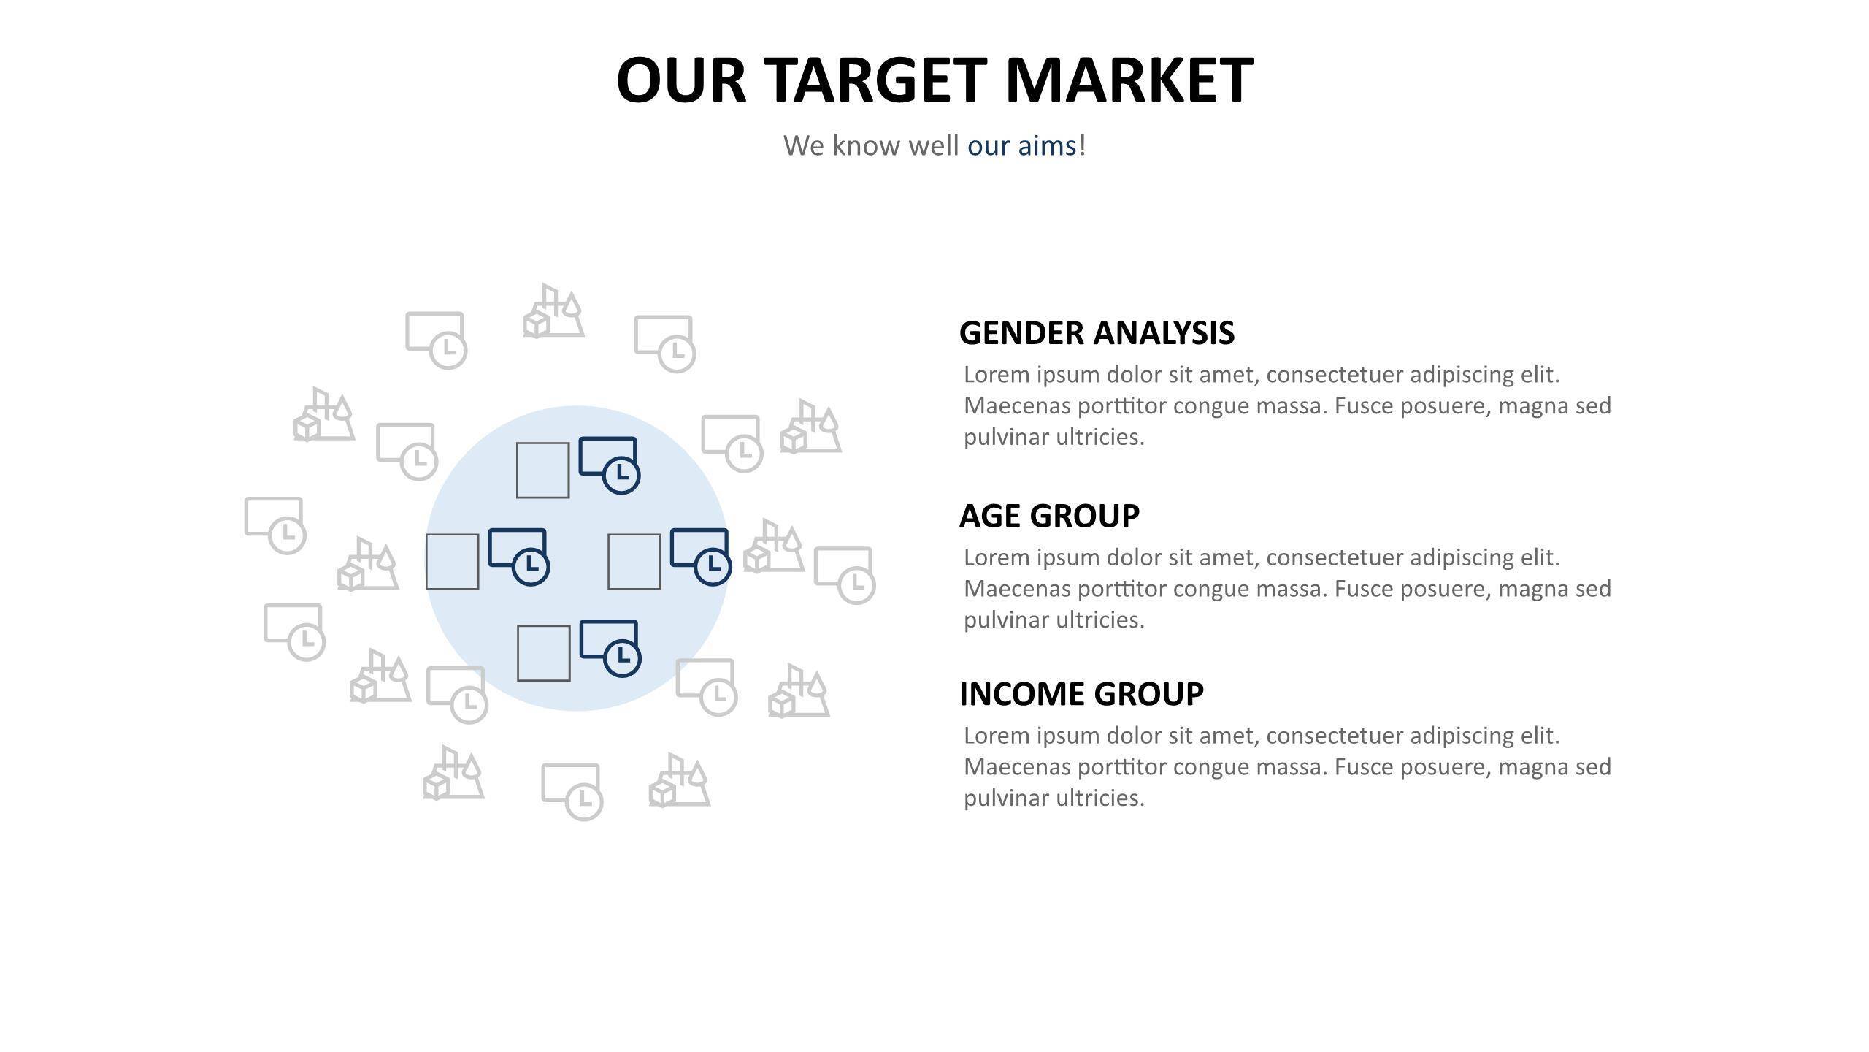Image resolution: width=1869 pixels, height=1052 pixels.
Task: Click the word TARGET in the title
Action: click(875, 80)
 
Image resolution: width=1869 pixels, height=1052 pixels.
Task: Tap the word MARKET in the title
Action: click(1129, 80)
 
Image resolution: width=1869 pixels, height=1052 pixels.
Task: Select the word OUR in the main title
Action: click(681, 80)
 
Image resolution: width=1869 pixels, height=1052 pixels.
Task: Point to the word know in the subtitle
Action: click(866, 145)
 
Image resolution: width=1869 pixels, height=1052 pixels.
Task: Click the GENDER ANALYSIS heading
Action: click(1097, 332)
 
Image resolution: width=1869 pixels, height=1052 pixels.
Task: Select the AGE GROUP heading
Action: click(1049, 516)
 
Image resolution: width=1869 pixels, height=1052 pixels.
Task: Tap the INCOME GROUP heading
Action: click(1081, 694)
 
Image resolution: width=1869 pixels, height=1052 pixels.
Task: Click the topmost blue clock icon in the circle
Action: click(609, 465)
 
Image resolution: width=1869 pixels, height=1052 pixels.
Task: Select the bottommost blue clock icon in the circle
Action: click(610, 648)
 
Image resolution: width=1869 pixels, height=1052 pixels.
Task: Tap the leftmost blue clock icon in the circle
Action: click(518, 557)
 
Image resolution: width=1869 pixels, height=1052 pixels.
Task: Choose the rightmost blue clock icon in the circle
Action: click(701, 557)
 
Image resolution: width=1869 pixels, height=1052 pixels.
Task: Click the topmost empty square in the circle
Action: click(542, 470)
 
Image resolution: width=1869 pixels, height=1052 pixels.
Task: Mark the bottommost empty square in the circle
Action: click(543, 653)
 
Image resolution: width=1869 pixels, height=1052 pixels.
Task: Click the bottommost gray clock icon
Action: click(572, 792)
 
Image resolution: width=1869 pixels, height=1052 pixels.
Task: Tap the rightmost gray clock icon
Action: click(845, 575)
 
